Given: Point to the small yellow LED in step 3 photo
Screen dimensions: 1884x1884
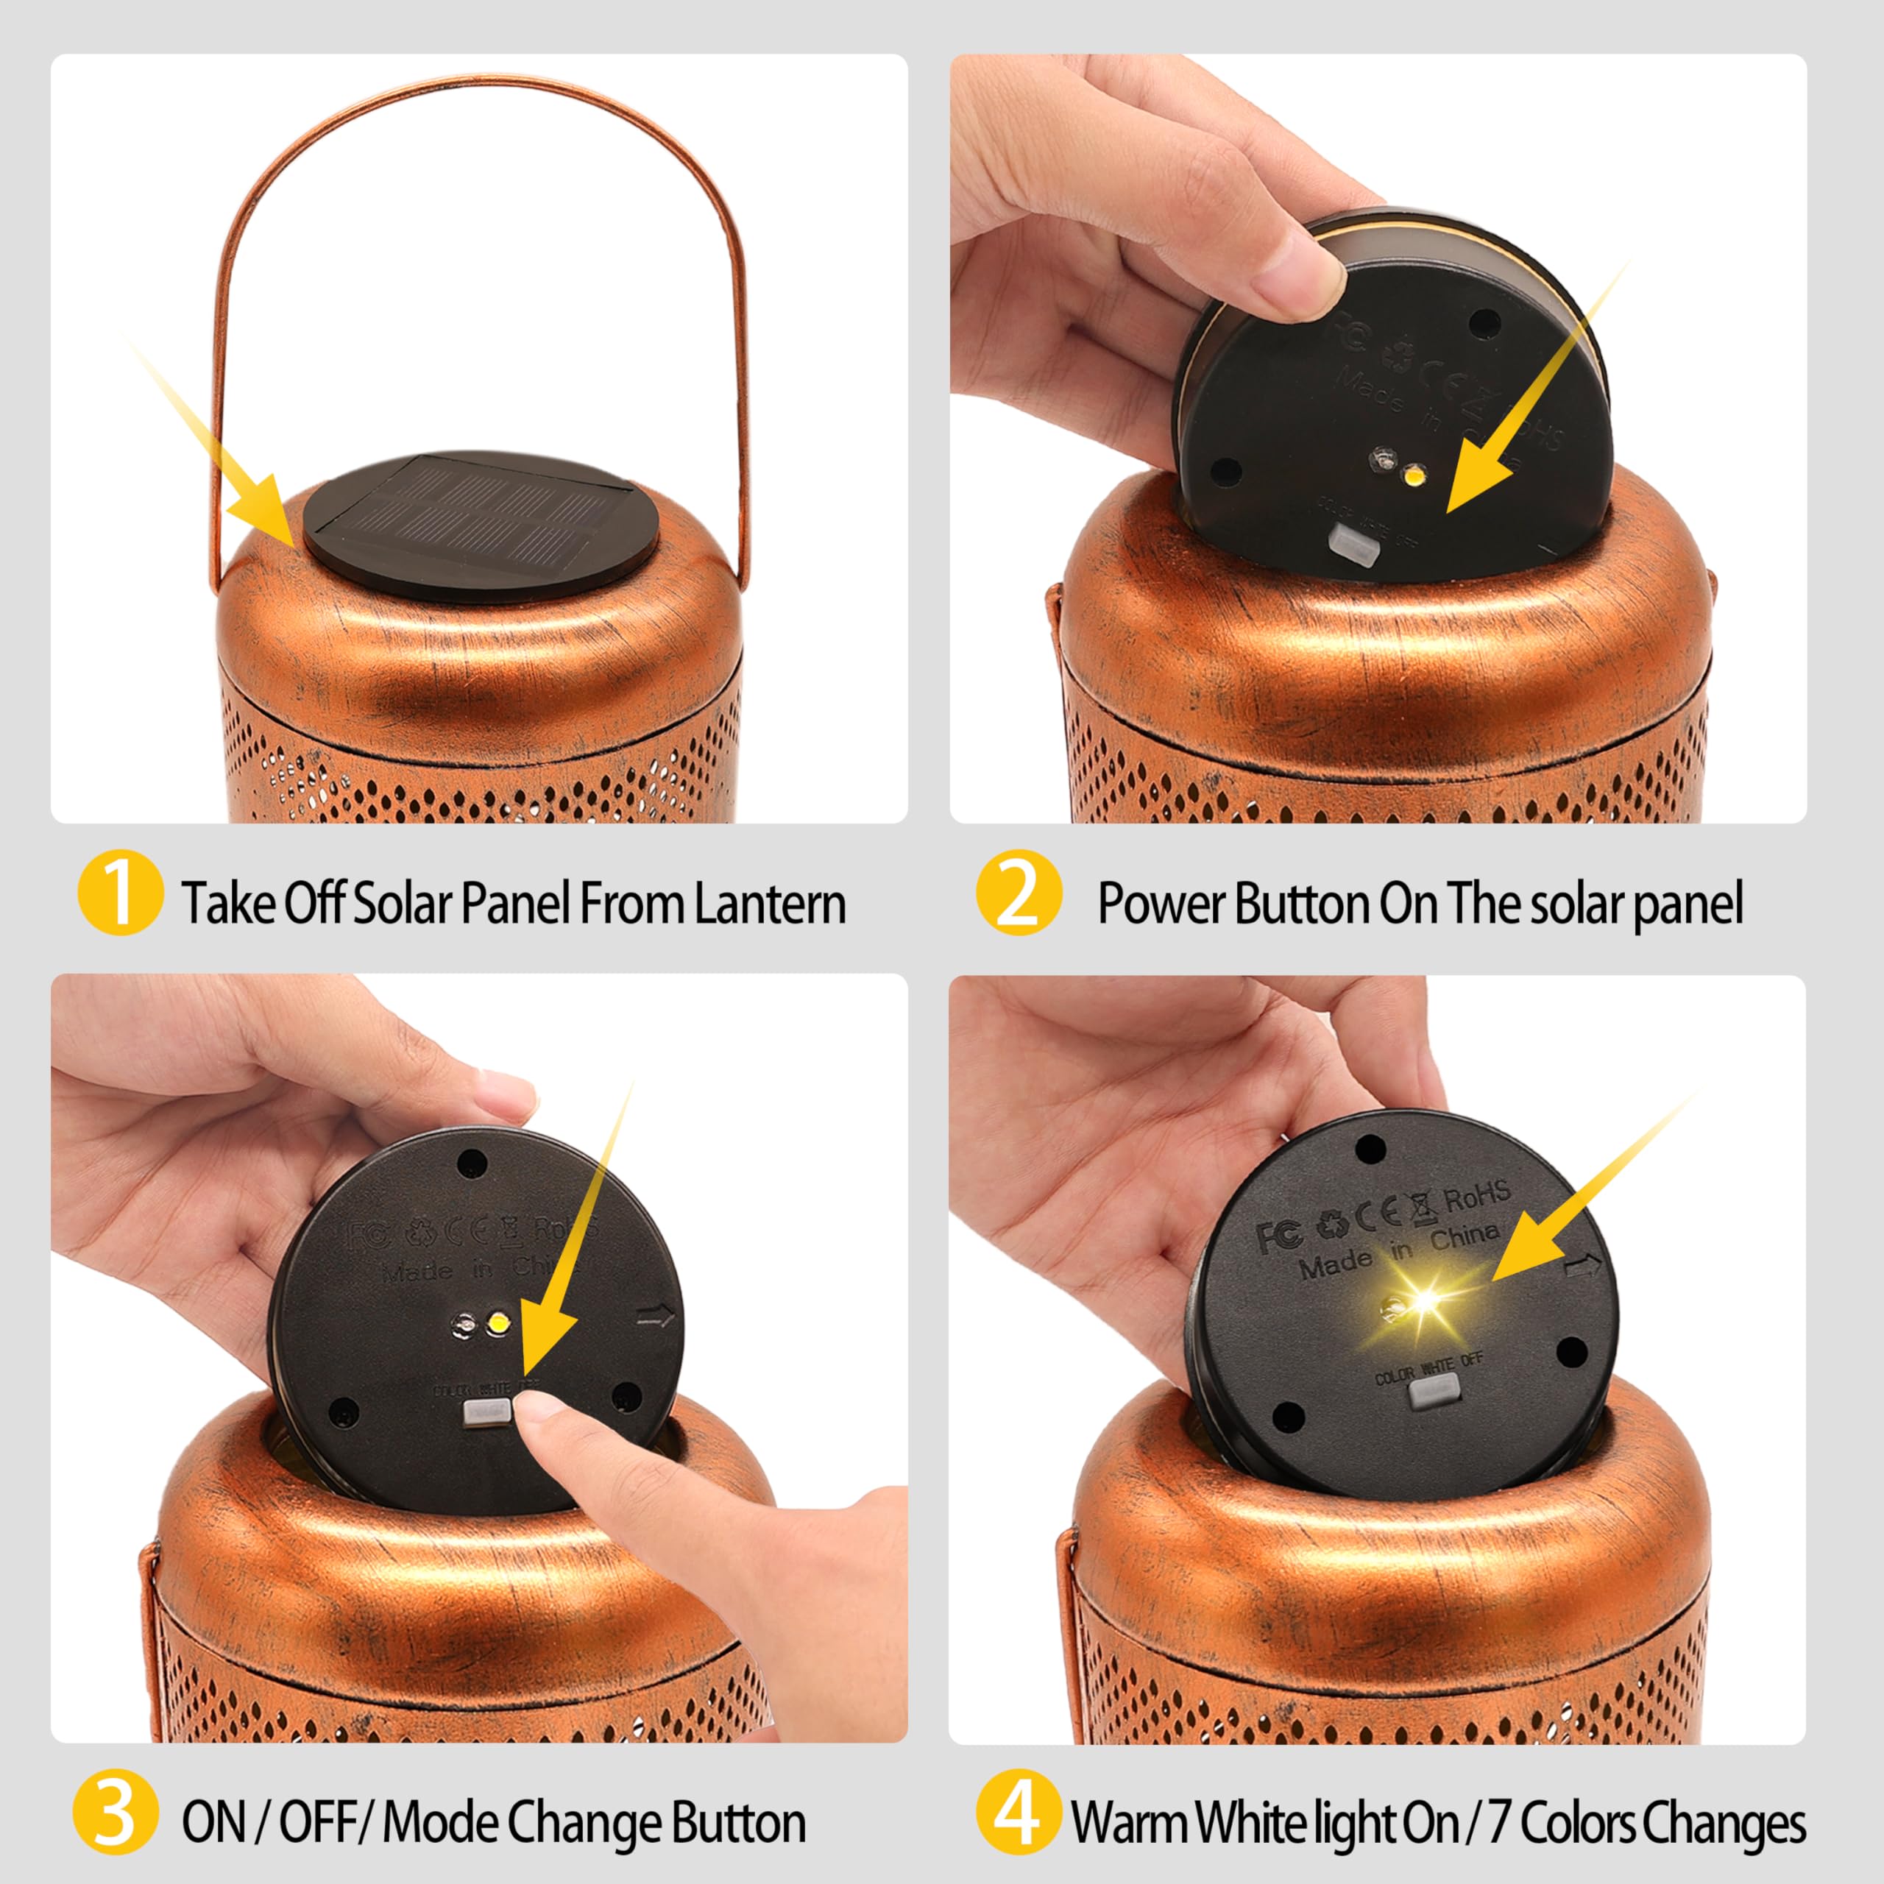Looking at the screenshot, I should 497,1323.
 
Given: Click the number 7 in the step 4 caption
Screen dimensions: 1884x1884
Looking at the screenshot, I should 1502,1821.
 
